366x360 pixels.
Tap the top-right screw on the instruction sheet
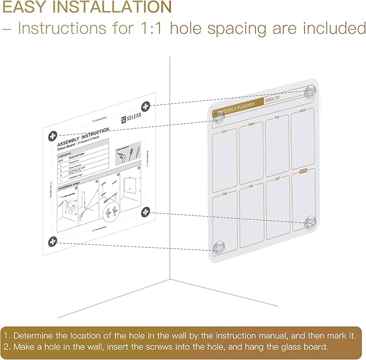146,106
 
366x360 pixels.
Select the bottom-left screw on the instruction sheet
52,241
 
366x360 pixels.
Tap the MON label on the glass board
251,124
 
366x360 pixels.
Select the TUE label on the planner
277,117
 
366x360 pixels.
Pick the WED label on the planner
302,111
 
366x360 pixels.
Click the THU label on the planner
225,193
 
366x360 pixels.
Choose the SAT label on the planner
277,178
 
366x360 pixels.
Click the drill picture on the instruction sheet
121,158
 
